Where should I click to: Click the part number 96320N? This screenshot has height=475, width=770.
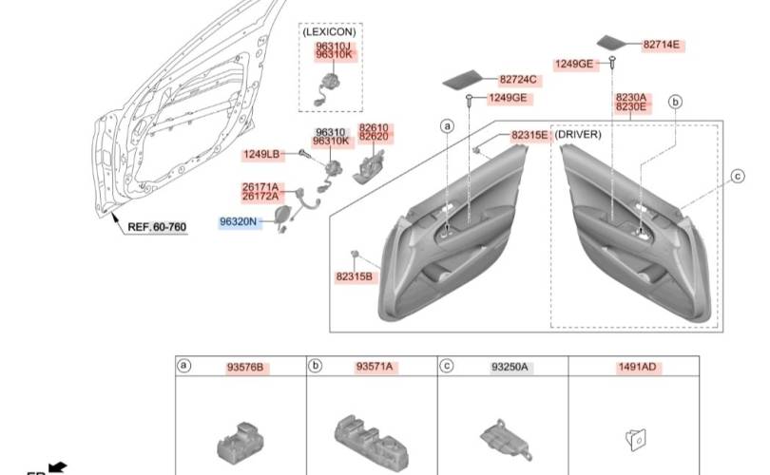point(239,221)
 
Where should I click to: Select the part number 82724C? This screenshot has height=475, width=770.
point(518,80)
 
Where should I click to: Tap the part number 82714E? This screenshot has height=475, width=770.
point(663,45)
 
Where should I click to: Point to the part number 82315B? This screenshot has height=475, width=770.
point(355,276)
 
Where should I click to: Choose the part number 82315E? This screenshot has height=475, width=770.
point(529,136)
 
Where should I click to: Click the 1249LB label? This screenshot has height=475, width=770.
point(261,154)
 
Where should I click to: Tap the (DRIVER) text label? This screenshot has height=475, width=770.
point(579,135)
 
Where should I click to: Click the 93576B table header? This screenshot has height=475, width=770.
point(244,367)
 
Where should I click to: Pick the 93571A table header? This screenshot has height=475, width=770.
point(375,367)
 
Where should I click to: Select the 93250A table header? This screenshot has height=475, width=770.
point(510,367)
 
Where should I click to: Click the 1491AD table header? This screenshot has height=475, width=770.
point(639,367)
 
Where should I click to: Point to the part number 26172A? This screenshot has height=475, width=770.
point(260,197)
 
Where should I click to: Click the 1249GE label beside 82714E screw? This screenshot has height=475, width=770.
point(574,64)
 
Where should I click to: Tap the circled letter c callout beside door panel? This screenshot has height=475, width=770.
point(737,175)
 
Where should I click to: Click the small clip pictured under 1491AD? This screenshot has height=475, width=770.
point(635,437)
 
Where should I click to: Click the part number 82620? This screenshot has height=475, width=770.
point(374,137)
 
